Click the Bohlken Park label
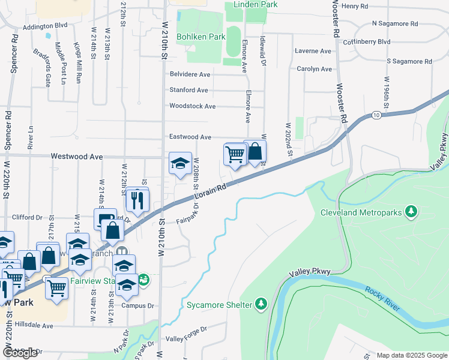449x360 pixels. (200, 37)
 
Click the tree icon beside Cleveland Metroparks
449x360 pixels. (411, 211)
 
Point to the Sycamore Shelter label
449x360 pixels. (218, 304)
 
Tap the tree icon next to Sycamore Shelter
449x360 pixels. (261, 304)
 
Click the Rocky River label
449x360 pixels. (382, 299)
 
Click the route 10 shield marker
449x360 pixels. (376, 115)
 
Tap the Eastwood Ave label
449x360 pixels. (190, 137)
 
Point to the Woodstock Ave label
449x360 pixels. (192, 106)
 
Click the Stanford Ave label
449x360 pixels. (188, 90)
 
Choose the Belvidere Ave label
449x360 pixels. (190, 74)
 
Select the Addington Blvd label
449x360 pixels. (46, 27)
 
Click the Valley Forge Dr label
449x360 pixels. (186, 329)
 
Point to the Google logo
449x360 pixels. (20, 353)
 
